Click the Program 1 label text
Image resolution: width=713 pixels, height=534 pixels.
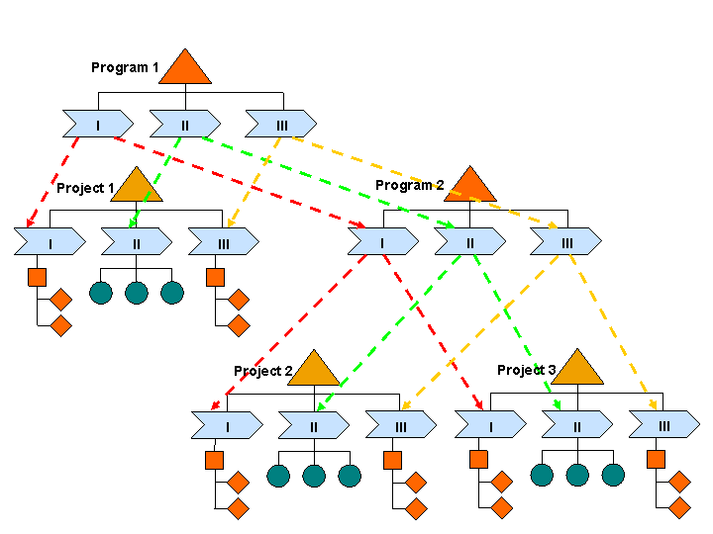click(125, 67)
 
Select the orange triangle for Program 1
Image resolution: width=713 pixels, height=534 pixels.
click(185, 69)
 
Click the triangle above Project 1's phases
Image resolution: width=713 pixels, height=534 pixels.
click(137, 187)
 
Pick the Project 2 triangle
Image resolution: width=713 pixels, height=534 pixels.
click(314, 371)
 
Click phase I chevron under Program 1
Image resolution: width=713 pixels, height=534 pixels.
click(98, 124)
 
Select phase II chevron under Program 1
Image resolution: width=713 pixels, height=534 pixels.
click(185, 124)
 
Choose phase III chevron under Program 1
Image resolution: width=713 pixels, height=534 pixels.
click(281, 124)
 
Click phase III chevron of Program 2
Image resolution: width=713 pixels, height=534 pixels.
click(565, 241)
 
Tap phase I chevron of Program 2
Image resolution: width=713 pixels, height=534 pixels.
click(382, 241)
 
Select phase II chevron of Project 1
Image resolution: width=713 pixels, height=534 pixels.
click(137, 241)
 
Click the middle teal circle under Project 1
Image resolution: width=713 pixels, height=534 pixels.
click(137, 293)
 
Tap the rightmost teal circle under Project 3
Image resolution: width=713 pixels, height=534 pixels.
click(613, 475)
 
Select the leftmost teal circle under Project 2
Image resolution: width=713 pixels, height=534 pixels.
click(278, 476)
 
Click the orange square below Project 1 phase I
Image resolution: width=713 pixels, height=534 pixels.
click(37, 277)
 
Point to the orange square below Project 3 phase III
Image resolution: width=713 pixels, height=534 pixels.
click(656, 460)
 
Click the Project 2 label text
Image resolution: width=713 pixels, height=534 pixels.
click(263, 371)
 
